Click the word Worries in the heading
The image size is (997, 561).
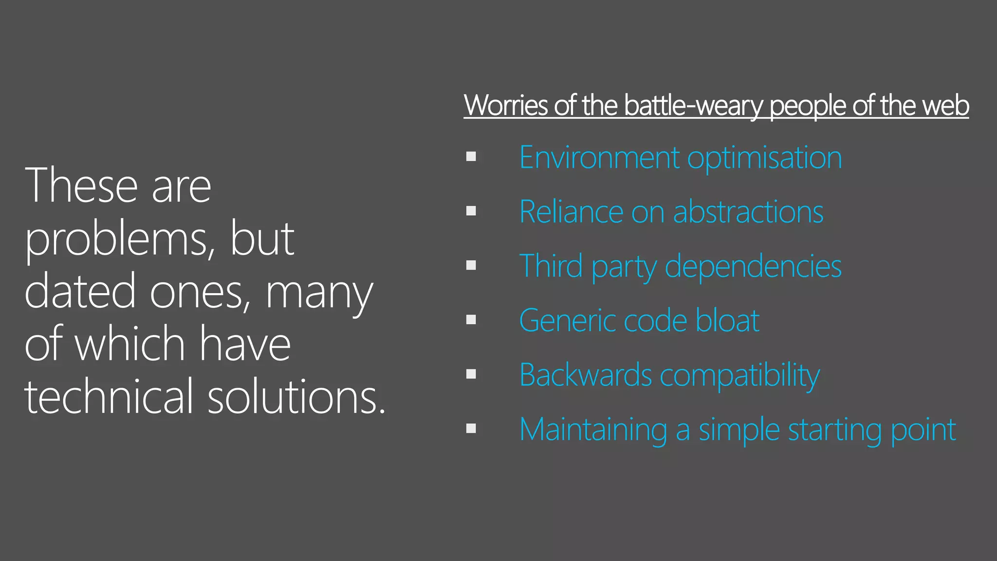point(506,105)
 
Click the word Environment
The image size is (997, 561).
point(599,158)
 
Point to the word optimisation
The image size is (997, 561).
point(764,159)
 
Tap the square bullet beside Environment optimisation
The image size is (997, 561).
point(471,157)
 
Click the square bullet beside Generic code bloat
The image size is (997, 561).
point(471,320)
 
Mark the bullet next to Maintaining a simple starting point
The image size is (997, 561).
point(471,429)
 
